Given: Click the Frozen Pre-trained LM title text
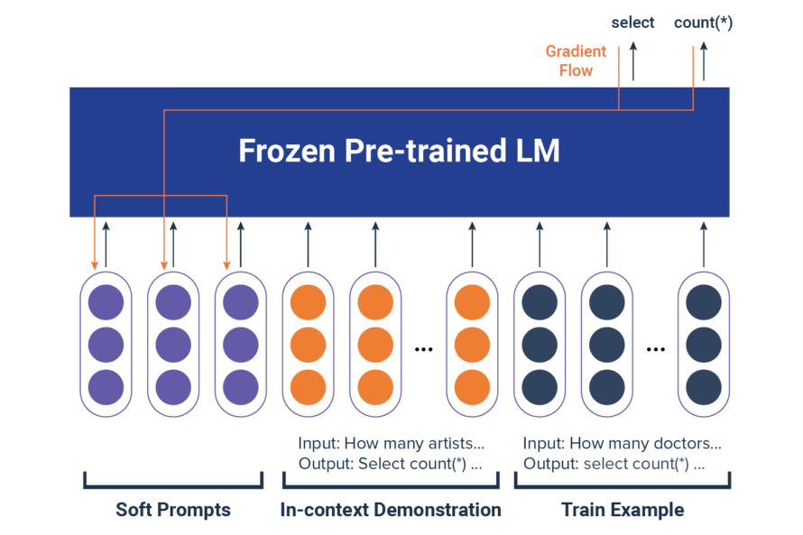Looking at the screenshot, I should click(399, 152).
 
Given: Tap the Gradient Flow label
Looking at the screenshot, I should click(576, 60).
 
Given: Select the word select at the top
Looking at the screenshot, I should click(632, 23).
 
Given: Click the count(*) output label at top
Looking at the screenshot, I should click(703, 23).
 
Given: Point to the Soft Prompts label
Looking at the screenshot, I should click(173, 510).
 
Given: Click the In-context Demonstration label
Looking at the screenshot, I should click(391, 510).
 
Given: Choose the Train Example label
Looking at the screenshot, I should click(623, 510).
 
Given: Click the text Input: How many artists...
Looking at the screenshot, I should click(392, 444).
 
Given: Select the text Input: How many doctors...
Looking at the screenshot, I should click(623, 444).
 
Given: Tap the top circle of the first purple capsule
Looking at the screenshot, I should click(106, 303).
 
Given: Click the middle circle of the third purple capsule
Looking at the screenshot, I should click(240, 345).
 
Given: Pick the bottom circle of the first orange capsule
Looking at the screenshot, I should click(308, 386).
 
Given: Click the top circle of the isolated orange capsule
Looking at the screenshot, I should click(471, 303).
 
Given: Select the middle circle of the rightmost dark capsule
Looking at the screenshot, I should click(704, 345).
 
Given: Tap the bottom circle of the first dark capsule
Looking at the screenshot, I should click(540, 386).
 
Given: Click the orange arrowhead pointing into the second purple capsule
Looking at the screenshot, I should click(163, 265).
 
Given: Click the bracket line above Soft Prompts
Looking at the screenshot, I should click(173, 487).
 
